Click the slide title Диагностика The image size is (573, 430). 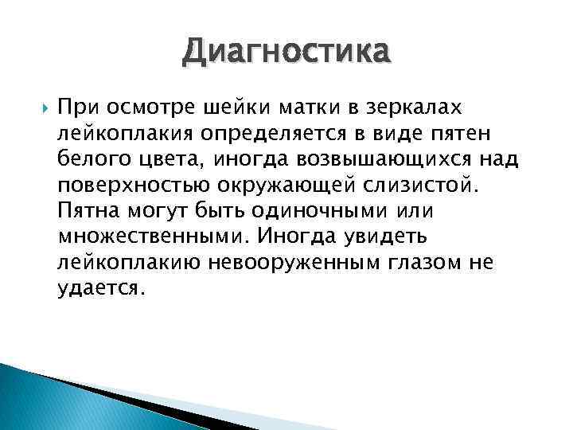click(x=286, y=54)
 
